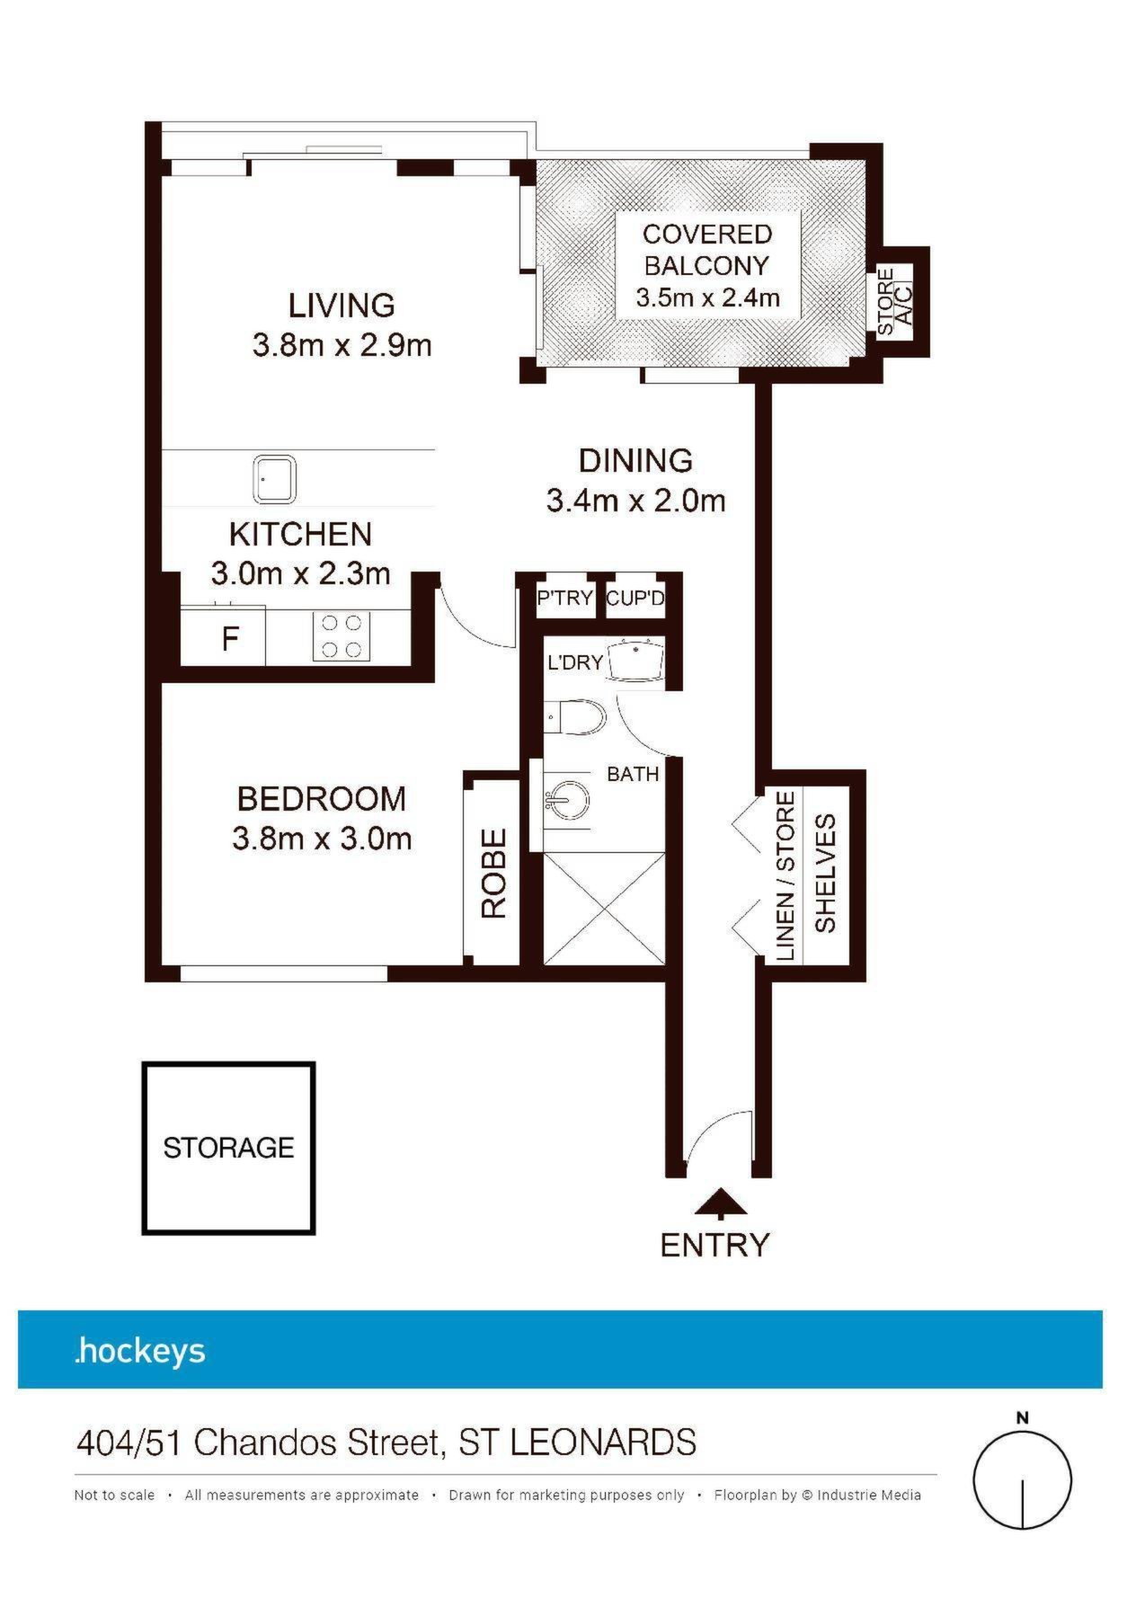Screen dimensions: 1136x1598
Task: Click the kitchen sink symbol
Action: click(x=274, y=481)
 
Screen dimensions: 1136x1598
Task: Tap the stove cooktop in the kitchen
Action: click(x=342, y=636)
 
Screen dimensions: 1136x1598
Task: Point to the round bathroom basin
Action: click(x=566, y=797)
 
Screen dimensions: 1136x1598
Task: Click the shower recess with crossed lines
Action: click(x=604, y=909)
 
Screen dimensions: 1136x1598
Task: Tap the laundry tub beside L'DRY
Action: click(x=636, y=661)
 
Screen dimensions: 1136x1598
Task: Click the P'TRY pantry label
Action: click(x=564, y=598)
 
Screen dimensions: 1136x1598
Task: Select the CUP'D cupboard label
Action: click(x=635, y=598)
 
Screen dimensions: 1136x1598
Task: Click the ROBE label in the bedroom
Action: click(x=494, y=873)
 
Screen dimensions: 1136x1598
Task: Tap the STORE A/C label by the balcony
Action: click(x=895, y=301)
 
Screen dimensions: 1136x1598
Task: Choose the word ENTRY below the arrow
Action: click(x=715, y=1245)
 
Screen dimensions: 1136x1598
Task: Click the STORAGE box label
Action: click(x=228, y=1148)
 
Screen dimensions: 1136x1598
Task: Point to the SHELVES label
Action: click(x=825, y=873)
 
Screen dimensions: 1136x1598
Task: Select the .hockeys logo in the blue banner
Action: click(x=140, y=1350)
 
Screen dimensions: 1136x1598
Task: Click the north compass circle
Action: click(x=1023, y=1480)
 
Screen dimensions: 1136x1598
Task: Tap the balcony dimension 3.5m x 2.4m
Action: click(x=707, y=297)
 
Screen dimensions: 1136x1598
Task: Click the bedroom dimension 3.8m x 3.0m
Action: click(x=322, y=839)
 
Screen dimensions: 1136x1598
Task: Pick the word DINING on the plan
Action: click(x=635, y=461)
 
